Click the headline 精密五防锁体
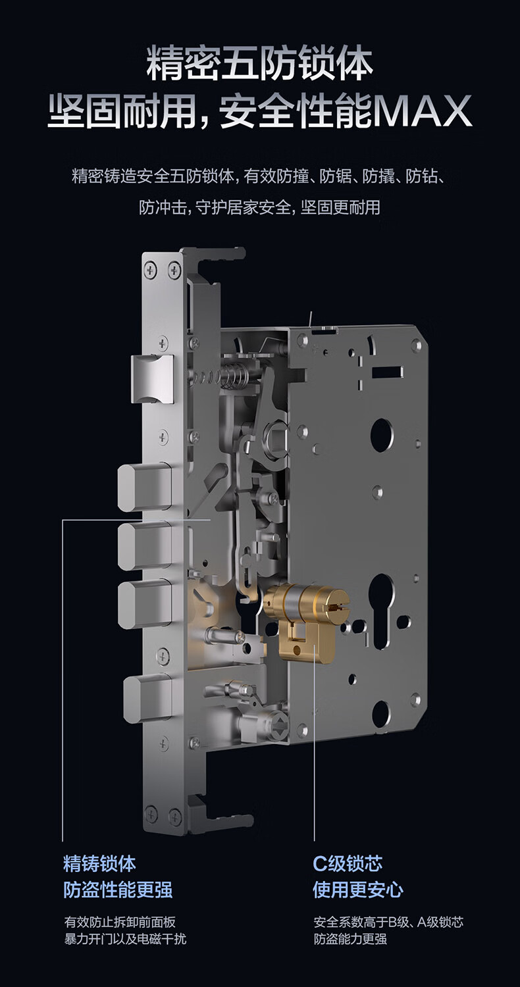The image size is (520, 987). [259, 65]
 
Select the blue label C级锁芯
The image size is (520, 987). [348, 863]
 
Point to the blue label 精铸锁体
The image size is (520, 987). [100, 863]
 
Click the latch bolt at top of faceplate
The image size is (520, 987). [153, 380]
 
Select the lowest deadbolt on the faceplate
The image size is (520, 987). [147, 699]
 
